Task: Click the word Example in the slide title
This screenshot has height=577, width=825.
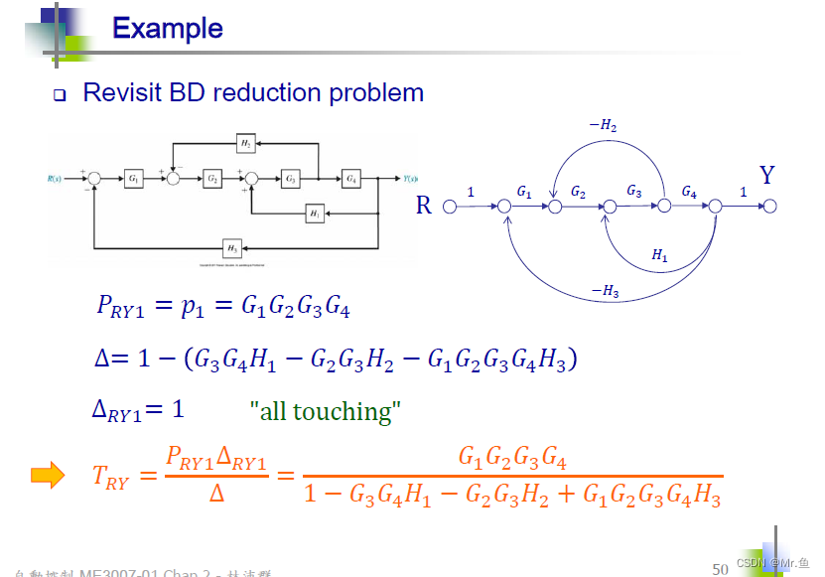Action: pyautogui.click(x=168, y=28)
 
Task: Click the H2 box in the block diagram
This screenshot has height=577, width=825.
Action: pyautogui.click(x=244, y=144)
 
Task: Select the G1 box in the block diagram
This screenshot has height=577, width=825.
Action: pyautogui.click(x=134, y=179)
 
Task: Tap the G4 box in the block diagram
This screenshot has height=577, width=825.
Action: pyautogui.click(x=351, y=179)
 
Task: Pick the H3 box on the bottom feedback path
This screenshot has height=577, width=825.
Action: pyautogui.click(x=231, y=247)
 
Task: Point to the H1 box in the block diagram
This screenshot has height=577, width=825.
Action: pyautogui.click(x=315, y=213)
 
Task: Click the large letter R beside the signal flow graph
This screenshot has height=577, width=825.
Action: pyautogui.click(x=424, y=206)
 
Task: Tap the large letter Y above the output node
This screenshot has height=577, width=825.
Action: pyautogui.click(x=766, y=176)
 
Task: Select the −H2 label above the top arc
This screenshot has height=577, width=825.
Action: pyautogui.click(x=603, y=125)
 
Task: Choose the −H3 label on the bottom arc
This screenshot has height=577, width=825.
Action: pyautogui.click(x=605, y=290)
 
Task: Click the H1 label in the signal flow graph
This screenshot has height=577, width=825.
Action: pyautogui.click(x=659, y=255)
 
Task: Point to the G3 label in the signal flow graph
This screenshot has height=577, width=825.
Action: pyautogui.click(x=634, y=191)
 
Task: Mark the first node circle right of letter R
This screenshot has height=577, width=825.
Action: pyautogui.click(x=449, y=207)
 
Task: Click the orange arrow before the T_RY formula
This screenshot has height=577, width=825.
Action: pyautogui.click(x=48, y=476)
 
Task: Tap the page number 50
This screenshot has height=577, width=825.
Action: pyautogui.click(x=721, y=568)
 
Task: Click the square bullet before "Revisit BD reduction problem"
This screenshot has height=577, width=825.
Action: pyautogui.click(x=59, y=95)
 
